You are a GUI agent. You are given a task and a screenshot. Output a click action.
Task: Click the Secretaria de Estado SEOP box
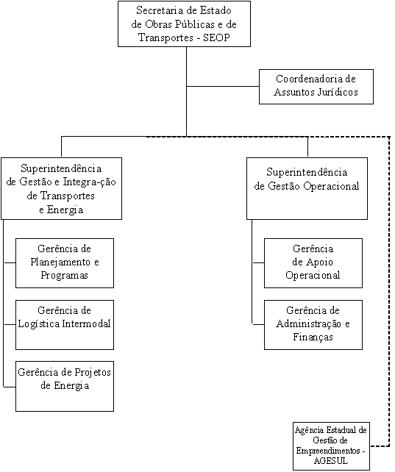point(184,24)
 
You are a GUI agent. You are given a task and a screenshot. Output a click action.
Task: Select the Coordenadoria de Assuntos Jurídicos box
point(316,87)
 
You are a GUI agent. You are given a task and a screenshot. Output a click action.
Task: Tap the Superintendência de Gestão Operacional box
point(307,188)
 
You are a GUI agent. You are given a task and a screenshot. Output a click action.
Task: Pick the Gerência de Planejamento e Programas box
point(65,263)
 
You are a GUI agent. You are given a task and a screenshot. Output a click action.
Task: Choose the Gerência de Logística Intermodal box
point(65,325)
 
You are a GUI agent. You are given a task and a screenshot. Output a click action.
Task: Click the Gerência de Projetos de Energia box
point(65,386)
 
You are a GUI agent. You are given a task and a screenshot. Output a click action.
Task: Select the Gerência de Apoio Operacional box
point(313,263)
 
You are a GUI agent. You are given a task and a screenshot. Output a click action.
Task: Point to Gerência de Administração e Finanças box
point(313,325)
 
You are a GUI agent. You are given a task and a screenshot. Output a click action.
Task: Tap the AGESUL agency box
point(331,446)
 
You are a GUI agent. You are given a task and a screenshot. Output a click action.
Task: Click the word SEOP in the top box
point(216,37)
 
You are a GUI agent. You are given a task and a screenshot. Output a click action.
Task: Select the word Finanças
point(313,337)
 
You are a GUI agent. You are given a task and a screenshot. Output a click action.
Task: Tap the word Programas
point(65,276)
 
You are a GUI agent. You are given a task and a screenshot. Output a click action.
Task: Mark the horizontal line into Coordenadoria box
point(223,87)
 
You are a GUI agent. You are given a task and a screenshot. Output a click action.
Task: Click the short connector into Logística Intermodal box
point(10,324)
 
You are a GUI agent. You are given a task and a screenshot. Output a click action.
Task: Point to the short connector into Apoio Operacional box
point(258,262)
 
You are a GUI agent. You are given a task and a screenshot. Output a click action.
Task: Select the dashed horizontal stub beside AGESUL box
point(380,446)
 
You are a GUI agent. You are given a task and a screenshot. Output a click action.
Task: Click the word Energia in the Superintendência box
point(65,210)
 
